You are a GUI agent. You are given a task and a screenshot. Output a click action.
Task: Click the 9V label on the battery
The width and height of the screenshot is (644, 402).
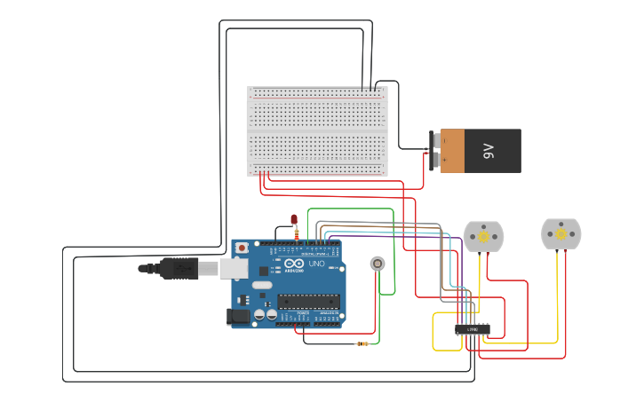488,151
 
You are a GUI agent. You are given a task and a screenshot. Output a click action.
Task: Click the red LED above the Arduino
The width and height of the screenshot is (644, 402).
295,219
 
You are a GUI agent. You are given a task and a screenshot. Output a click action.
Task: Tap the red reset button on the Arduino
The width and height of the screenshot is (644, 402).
240,248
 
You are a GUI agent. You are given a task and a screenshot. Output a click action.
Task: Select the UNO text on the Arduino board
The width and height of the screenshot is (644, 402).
316,264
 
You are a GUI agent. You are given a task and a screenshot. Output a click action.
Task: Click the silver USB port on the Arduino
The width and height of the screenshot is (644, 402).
234,268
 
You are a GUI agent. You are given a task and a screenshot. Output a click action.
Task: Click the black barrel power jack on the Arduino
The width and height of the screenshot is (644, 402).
239,315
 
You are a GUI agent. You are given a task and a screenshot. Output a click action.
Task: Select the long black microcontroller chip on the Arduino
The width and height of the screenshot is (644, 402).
308,301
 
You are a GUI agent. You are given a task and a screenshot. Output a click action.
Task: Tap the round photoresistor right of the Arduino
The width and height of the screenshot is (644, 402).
378,264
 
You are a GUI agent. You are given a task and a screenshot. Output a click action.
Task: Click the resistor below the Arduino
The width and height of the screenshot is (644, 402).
362,343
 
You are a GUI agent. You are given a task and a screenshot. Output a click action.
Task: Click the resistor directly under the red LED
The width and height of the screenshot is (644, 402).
296,233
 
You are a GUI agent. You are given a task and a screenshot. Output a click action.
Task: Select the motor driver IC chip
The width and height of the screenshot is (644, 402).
472,329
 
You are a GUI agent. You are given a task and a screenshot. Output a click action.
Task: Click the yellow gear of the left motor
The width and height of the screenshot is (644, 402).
483,237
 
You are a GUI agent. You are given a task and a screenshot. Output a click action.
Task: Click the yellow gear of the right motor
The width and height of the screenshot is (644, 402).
561,233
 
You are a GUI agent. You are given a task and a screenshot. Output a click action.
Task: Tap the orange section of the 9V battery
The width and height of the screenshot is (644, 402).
452,151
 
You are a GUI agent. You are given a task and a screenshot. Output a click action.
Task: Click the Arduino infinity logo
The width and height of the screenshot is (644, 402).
293,264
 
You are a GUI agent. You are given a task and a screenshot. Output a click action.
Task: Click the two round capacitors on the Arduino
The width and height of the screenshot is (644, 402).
265,314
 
